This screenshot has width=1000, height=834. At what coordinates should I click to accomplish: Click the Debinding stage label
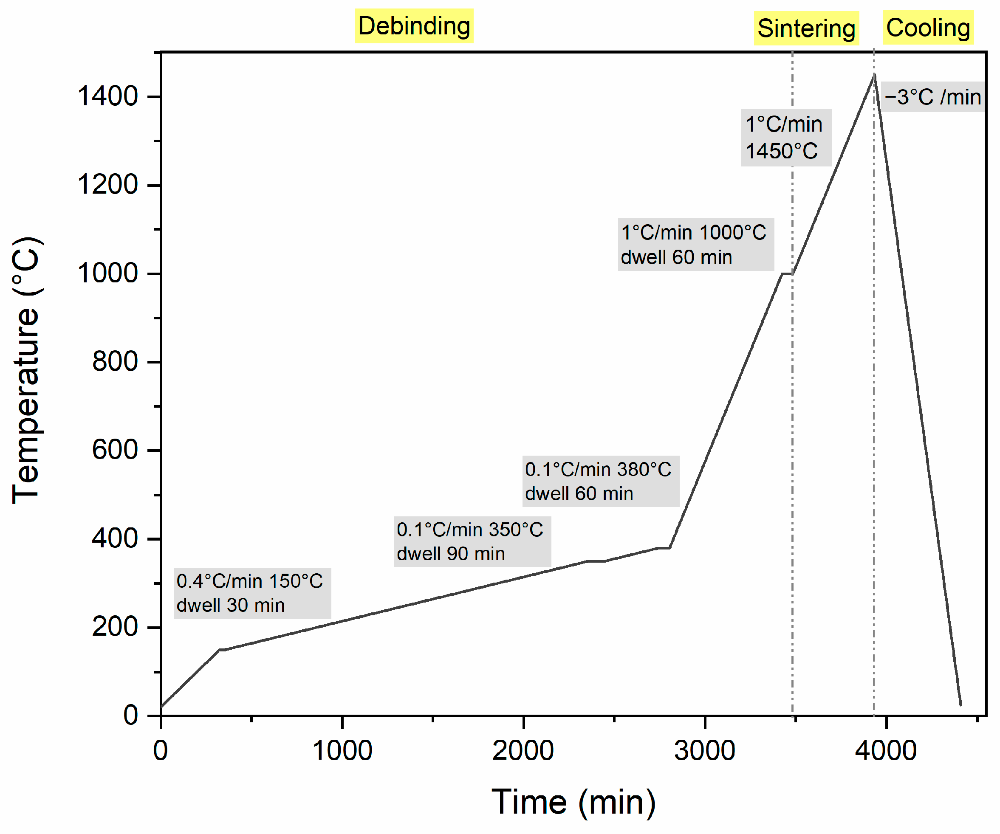[x=413, y=26]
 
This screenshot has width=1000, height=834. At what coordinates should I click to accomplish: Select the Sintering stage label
[x=806, y=28]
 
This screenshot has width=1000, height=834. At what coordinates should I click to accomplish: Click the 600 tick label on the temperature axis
[x=115, y=450]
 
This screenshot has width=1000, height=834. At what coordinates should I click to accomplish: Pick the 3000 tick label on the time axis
[x=704, y=751]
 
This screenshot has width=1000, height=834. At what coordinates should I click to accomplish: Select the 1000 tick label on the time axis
[x=342, y=751]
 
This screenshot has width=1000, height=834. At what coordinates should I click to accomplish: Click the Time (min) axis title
[x=573, y=802]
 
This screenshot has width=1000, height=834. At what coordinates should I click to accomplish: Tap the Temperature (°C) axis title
[x=27, y=370]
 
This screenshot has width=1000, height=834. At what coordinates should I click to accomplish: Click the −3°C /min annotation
[x=932, y=97]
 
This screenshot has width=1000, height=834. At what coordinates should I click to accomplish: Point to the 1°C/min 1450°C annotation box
[x=786, y=138]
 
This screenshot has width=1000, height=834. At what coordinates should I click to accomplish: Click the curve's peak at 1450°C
[x=874, y=75]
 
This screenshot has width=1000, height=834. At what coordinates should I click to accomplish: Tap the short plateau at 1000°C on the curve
[x=787, y=274]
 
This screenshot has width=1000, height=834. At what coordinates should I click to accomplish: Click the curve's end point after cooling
[x=960, y=704]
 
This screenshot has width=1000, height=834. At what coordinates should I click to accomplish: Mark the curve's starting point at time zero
[x=161, y=707]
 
